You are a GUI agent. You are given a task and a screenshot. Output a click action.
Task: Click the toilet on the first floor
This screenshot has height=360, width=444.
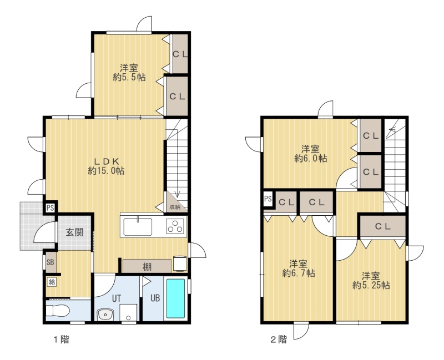pos(58,311)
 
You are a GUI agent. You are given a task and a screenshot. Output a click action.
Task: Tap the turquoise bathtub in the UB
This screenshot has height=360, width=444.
pos(175,298)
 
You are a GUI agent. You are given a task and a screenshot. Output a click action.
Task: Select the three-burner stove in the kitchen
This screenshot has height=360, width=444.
pos(175,226)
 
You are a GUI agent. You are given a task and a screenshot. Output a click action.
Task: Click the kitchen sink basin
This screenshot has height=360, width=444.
pos(138,226)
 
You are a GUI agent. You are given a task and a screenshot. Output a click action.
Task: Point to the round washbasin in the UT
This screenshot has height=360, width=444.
pos(105,314)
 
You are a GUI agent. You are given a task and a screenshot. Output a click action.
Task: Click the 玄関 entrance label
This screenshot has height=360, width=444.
pos(75,232)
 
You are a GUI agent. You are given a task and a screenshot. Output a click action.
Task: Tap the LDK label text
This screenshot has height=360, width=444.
pos(106,161)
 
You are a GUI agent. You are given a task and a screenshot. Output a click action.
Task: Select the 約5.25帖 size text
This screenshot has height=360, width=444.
pos(371,285)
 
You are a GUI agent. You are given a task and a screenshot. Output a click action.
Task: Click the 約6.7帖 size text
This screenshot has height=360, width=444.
pos(299,273)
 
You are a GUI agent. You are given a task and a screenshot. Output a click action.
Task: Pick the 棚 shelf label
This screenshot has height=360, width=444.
pos(147,267)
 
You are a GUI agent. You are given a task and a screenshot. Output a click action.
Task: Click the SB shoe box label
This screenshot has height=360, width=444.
pos(50,262)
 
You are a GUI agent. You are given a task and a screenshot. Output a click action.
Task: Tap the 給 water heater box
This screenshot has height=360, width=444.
pos(52,282)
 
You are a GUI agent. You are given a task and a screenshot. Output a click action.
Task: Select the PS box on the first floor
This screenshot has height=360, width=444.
pos(51,208)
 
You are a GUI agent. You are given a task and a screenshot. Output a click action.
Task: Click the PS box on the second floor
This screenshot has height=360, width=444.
pos(268,199)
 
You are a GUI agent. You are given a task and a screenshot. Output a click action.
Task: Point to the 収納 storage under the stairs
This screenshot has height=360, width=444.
pos(175,207)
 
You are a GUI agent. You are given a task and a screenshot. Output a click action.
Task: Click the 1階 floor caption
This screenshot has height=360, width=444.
pos(62,339)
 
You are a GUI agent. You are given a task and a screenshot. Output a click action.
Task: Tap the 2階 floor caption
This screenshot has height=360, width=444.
pos(279,339)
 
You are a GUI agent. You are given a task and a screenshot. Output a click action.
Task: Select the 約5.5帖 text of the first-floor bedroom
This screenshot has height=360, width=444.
pos(129,77)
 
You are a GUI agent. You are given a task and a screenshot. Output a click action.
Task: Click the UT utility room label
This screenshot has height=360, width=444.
pos(117,298)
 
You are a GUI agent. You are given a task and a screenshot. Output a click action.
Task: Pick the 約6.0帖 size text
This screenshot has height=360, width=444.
pos(311,158)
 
